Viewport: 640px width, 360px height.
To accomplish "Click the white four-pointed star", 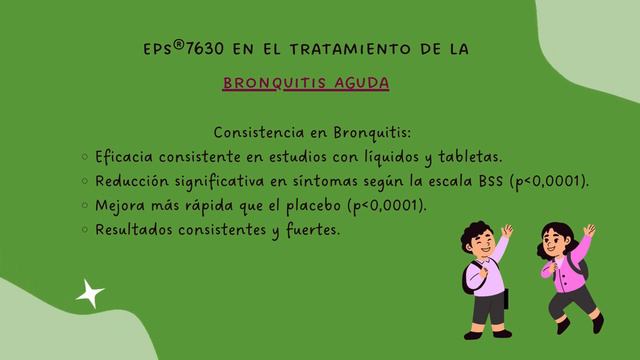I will (x=90, y=293).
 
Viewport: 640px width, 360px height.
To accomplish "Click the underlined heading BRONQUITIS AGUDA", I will (x=306, y=82).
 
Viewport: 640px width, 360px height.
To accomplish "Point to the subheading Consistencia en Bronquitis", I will (x=312, y=133).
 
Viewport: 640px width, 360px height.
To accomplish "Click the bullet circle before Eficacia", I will (x=83, y=157).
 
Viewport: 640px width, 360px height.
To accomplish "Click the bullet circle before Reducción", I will (x=83, y=182).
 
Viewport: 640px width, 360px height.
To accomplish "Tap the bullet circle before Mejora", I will (x=83, y=206).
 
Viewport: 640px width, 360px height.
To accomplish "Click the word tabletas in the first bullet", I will (x=469, y=157).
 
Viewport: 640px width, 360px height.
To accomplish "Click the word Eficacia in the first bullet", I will (x=123, y=157).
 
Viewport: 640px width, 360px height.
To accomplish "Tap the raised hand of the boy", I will (x=506, y=232).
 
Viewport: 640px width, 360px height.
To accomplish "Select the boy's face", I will (x=476, y=243).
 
